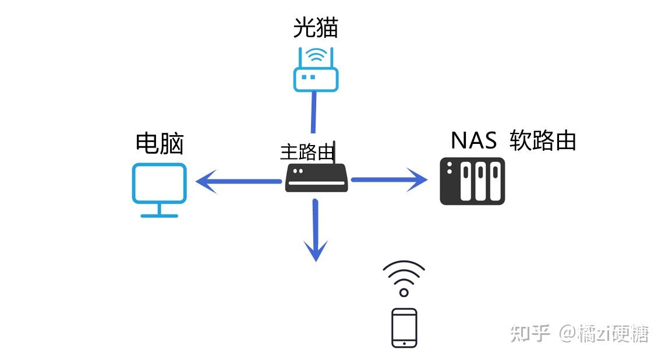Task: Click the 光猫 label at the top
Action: pyautogui.click(x=315, y=27)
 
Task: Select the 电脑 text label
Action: pyautogui.click(x=160, y=143)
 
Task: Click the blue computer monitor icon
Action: pyautogui.click(x=159, y=183)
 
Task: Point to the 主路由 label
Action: pyautogui.click(x=307, y=152)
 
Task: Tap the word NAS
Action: pyautogui.click(x=473, y=140)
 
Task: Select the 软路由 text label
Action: pyautogui.click(x=543, y=140)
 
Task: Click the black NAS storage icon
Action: pyautogui.click(x=472, y=181)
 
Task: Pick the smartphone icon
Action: pyautogui.click(x=404, y=328)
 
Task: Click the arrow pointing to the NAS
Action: pyautogui.click(x=390, y=180)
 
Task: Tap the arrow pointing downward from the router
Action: pyautogui.click(x=316, y=231)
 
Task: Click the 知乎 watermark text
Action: pyautogui.click(x=530, y=334)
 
